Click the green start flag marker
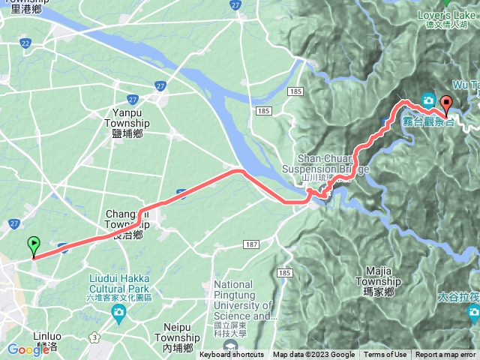[x=33, y=245]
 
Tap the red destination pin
[x=446, y=105]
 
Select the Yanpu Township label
[x=127, y=124]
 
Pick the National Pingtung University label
[x=245, y=301]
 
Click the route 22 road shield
[x=25, y=44]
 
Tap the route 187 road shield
[x=251, y=245]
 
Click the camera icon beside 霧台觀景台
[x=428, y=100]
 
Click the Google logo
[x=28, y=349]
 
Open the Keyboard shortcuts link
[x=231, y=355]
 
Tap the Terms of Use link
[x=385, y=355]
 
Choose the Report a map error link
[x=445, y=355]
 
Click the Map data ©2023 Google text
[x=313, y=355]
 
